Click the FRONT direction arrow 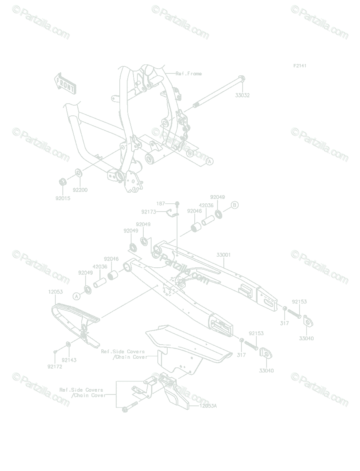(x=65, y=84)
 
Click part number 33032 (x=242, y=95)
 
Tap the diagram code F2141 (x=300, y=66)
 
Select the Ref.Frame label (x=188, y=74)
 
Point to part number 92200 (x=80, y=190)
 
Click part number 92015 (x=63, y=198)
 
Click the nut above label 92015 (x=63, y=182)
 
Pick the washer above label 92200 (x=79, y=173)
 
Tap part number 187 (x=161, y=203)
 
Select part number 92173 (x=148, y=212)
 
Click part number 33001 (x=223, y=255)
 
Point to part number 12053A (x=208, y=406)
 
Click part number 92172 (x=55, y=367)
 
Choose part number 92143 (x=69, y=360)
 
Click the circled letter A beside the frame (x=209, y=161)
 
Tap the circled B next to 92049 (x=234, y=205)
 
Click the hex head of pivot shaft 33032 (x=241, y=78)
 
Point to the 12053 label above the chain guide (x=56, y=292)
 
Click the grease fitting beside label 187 (x=177, y=204)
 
